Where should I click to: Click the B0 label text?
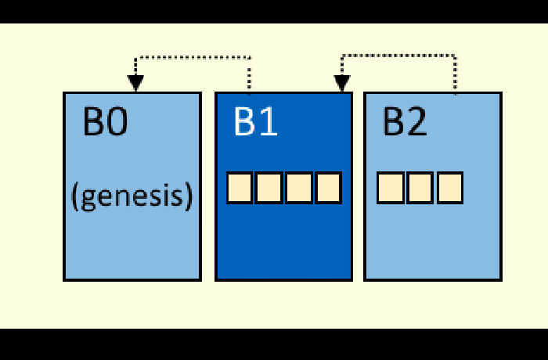click(x=106, y=121)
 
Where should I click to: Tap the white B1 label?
click(x=256, y=121)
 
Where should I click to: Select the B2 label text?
click(x=405, y=121)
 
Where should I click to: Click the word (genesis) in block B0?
click(x=132, y=196)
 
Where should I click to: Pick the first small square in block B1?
click(x=240, y=188)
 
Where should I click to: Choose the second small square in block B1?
click(x=269, y=188)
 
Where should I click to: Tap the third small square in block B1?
click(x=298, y=188)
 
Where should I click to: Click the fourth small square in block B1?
click(x=328, y=188)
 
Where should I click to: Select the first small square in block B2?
click(x=391, y=188)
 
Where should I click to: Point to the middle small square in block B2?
click(x=420, y=188)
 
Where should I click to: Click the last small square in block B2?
click(x=450, y=188)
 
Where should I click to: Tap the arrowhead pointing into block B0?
click(x=135, y=83)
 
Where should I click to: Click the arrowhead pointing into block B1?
click(x=342, y=83)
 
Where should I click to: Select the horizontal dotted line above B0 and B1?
click(x=193, y=57)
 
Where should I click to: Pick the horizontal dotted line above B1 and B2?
click(x=398, y=56)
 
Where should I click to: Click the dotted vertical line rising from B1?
click(x=249, y=76)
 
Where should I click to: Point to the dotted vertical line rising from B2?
click(x=455, y=75)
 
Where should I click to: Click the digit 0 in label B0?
click(x=117, y=121)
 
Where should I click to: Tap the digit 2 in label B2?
click(x=416, y=121)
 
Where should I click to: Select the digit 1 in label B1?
click(x=269, y=121)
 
